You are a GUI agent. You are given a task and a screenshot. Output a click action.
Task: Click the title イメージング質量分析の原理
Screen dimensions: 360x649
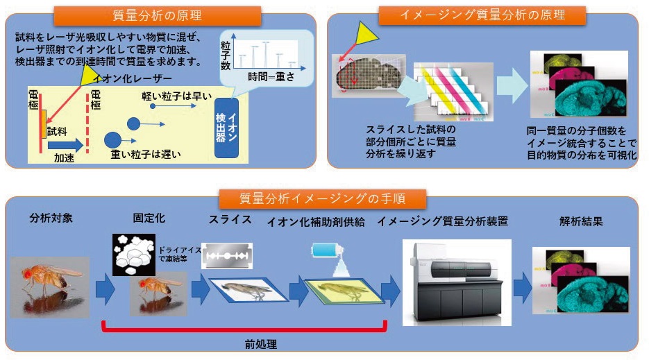(482, 15)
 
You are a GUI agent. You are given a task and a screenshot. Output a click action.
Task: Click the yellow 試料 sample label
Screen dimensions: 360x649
(57, 130)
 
